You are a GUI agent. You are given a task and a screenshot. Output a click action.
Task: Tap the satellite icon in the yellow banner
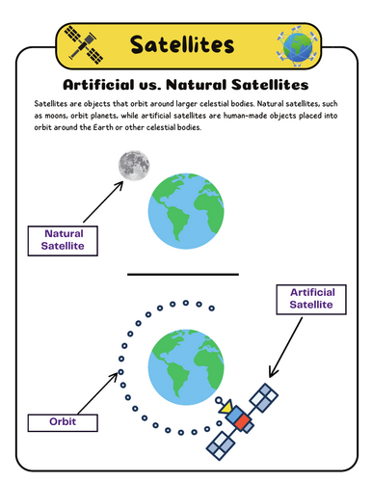[x=78, y=42]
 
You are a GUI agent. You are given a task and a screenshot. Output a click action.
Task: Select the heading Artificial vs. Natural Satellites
[x=185, y=84]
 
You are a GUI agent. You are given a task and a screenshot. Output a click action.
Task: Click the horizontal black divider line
[x=182, y=274]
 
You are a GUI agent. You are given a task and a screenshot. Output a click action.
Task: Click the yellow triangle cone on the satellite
[x=227, y=410]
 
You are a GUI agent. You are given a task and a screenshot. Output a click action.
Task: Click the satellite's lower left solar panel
[x=221, y=442]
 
